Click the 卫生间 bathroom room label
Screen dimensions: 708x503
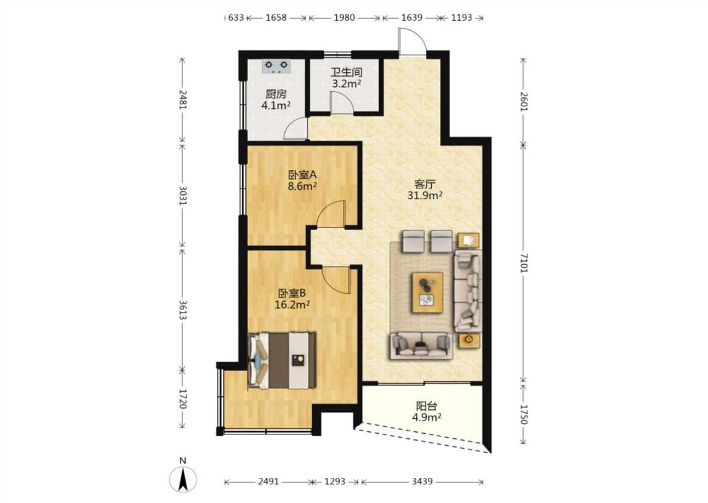tap(346, 72)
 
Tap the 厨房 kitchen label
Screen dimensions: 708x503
tap(276, 94)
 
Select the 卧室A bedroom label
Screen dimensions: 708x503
tap(302, 174)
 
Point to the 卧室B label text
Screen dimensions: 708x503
tap(291, 293)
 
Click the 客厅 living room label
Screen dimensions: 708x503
tap(424, 184)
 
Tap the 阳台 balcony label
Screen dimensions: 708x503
tap(426, 406)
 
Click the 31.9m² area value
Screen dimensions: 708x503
tap(424, 196)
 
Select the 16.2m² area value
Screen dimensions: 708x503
tap(291, 304)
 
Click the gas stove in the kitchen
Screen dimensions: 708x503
tap(276, 66)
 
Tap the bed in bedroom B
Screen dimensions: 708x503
tap(282, 360)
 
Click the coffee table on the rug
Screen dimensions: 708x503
tap(427, 292)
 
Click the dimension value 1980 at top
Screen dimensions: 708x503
tap(344, 18)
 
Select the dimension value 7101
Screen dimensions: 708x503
tap(523, 263)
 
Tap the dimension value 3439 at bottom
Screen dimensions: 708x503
tap(422, 482)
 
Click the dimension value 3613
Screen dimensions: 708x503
tap(183, 310)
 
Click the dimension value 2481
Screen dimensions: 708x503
tap(183, 100)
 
